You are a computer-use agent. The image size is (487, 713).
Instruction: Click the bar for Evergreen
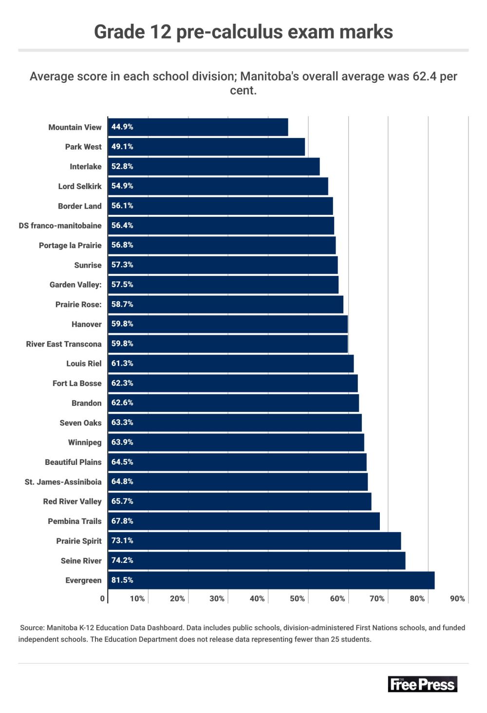click(271, 580)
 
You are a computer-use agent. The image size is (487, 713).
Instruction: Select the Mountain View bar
click(198, 127)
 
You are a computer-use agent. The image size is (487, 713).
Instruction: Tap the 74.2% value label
click(122, 560)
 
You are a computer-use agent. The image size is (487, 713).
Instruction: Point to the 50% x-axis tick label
click(297, 599)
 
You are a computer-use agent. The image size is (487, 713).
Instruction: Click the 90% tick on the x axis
click(457, 599)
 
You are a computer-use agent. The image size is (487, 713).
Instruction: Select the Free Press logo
click(422, 684)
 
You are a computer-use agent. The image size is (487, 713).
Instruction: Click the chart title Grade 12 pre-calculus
click(243, 32)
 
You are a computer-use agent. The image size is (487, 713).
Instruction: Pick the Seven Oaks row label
click(80, 423)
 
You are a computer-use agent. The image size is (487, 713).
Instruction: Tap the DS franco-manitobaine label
click(60, 226)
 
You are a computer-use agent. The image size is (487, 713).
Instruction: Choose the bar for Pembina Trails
click(243, 521)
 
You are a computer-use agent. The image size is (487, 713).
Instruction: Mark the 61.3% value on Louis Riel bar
click(122, 364)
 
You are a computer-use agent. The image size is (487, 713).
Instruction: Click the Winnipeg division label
click(85, 443)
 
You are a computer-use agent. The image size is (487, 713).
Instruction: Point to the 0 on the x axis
click(102, 599)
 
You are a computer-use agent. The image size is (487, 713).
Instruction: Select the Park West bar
click(206, 147)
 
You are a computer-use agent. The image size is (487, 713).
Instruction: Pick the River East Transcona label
click(64, 344)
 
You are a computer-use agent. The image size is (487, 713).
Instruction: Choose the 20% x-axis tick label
click(177, 599)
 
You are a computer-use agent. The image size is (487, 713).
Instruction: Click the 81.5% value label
click(122, 580)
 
